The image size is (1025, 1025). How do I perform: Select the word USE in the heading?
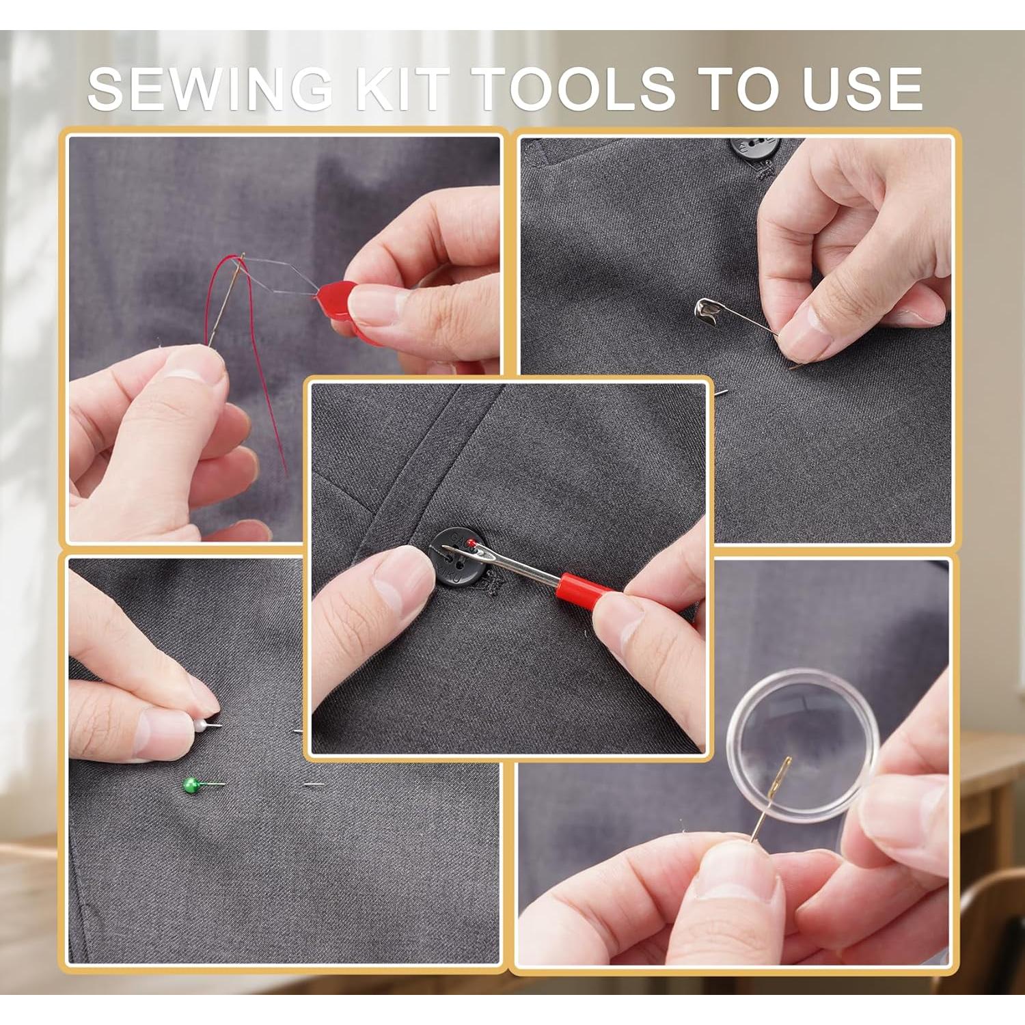[862, 89]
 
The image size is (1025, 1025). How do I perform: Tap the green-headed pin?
[191, 785]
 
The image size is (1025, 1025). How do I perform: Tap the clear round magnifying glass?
[796, 745]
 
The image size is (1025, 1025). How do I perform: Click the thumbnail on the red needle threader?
[372, 304]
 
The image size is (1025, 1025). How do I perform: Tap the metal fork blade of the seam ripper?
[506, 560]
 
